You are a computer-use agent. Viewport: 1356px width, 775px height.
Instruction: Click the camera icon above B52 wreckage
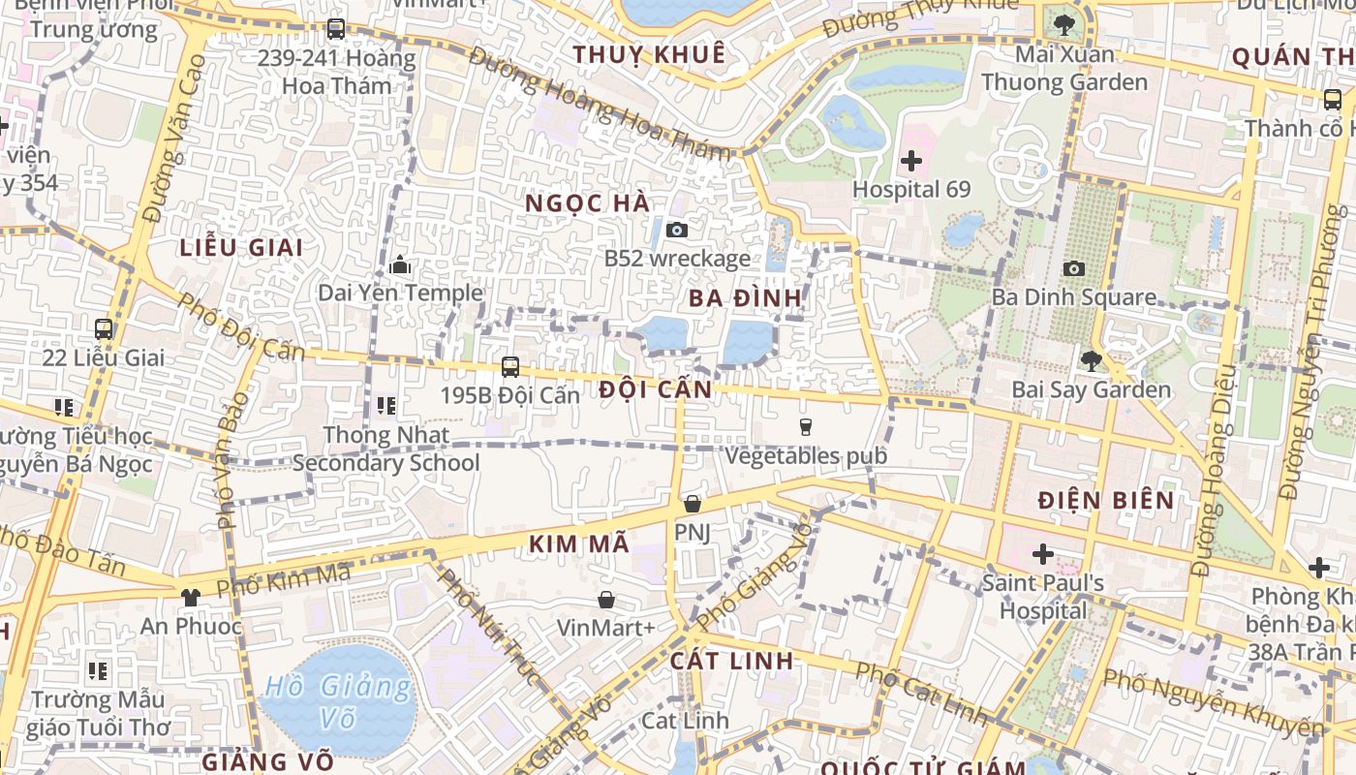(677, 230)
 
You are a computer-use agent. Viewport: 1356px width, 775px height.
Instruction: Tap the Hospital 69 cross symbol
(910, 161)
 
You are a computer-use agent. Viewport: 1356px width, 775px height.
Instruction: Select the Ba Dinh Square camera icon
(1073, 268)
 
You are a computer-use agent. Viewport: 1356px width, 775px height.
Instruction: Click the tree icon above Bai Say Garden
(1091, 361)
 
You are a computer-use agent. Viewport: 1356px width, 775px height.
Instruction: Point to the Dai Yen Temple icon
(400, 264)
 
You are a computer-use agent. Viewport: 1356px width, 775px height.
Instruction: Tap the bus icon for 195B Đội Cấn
(510, 367)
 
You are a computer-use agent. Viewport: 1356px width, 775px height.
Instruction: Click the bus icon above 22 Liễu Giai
(104, 329)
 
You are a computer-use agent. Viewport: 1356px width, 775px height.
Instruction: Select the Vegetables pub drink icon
(805, 426)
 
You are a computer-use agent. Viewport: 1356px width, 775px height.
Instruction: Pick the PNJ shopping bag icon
(692, 504)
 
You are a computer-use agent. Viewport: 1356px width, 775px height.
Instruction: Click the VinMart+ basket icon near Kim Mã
(606, 600)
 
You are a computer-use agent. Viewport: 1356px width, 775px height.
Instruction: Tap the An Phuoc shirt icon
(190, 598)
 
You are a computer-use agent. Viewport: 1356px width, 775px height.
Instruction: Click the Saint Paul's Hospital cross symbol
(1042, 555)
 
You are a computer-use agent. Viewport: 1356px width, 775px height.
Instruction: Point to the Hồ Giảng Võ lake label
(338, 702)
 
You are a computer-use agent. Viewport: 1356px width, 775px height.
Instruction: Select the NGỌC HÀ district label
(587, 203)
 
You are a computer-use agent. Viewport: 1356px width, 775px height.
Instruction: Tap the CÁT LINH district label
(731, 661)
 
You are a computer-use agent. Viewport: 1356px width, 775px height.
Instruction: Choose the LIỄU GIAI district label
(241, 247)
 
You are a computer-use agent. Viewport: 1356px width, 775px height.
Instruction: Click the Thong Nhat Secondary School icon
(385, 406)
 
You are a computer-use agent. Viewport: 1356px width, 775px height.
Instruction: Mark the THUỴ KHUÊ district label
(648, 54)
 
